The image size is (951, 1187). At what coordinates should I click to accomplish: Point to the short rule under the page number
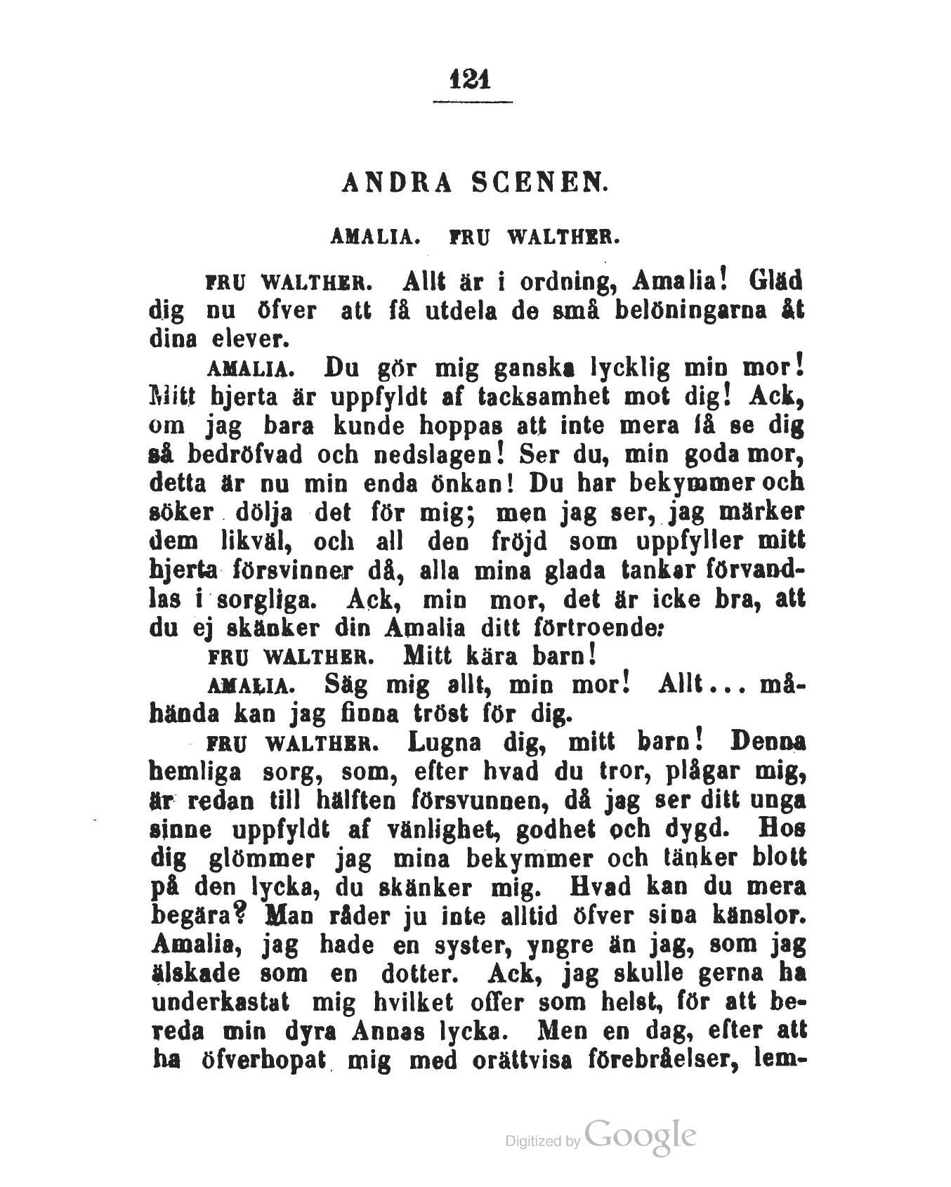[472, 103]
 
